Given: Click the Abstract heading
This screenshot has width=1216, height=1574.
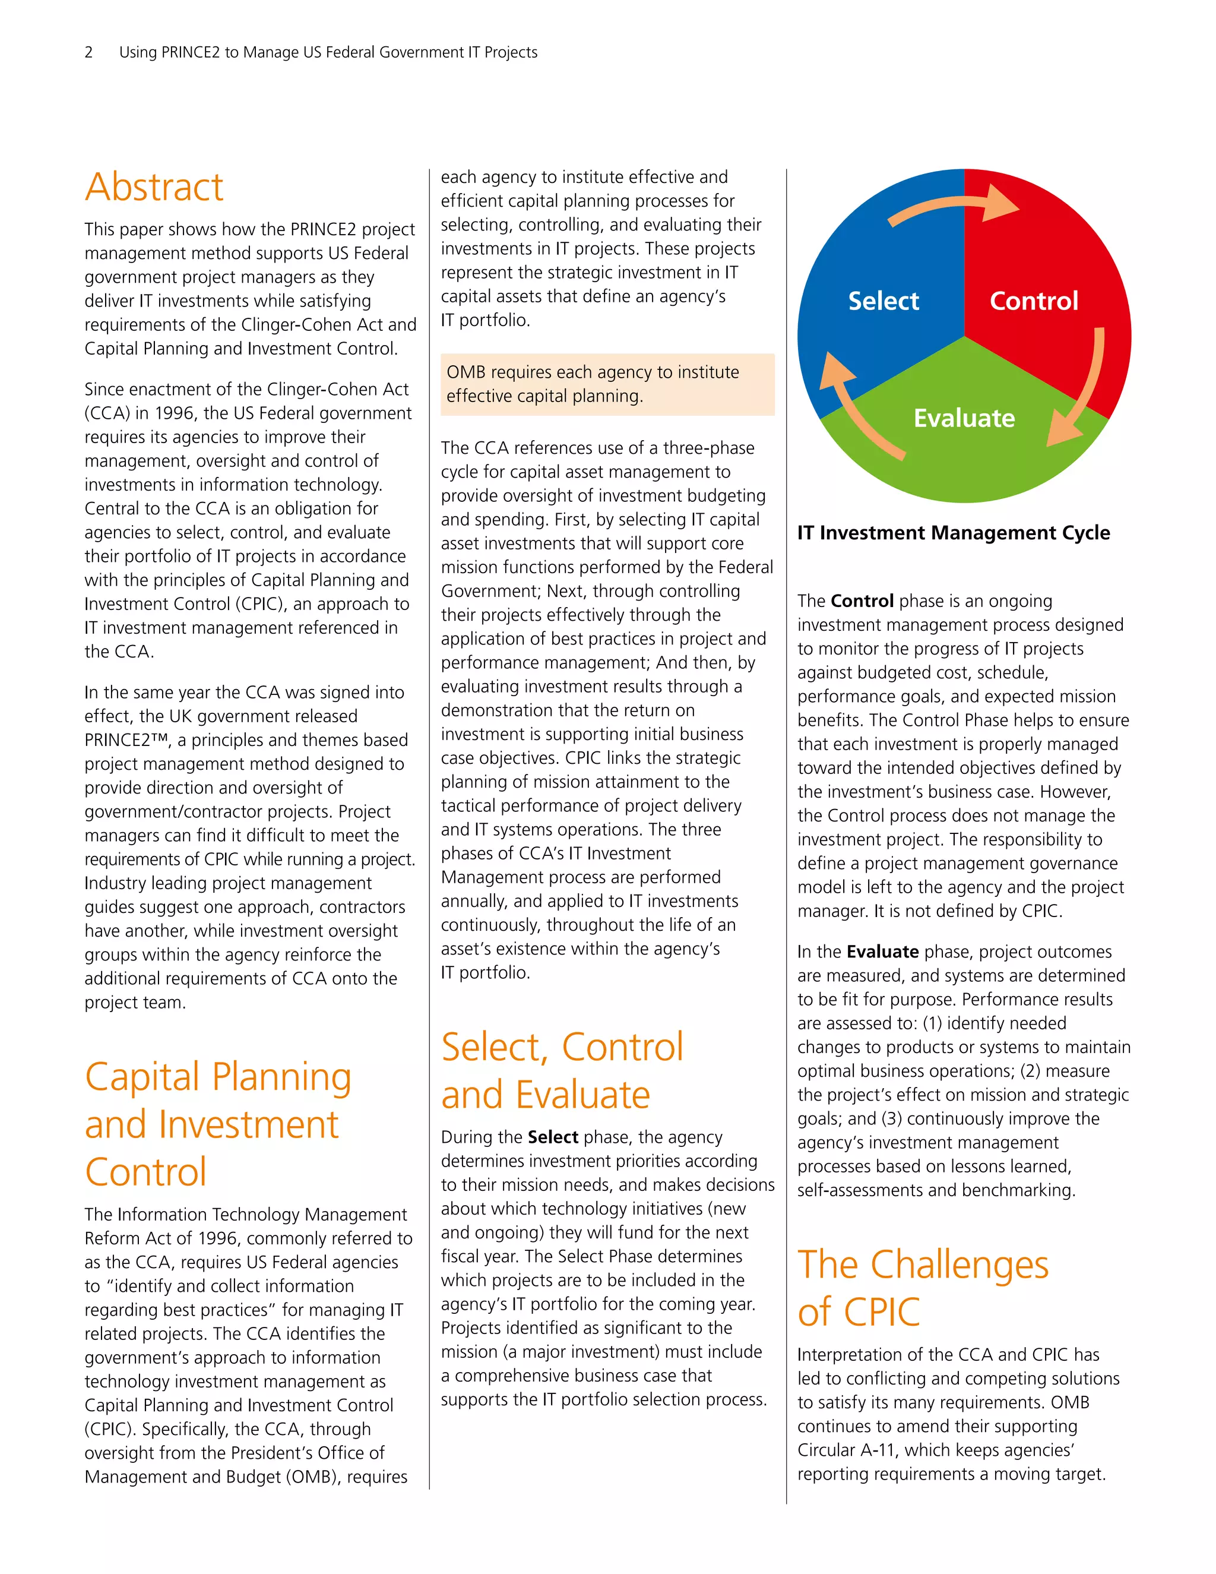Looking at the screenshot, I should (x=154, y=187).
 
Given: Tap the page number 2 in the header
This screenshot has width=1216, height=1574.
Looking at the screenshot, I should (x=88, y=52).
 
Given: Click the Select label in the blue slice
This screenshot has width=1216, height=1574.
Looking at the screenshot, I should (x=883, y=301).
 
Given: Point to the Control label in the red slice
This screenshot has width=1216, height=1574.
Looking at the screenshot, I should (x=1033, y=301).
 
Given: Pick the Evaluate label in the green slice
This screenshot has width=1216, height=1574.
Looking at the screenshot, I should (x=964, y=418).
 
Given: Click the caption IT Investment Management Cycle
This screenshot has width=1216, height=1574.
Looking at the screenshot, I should (x=953, y=533).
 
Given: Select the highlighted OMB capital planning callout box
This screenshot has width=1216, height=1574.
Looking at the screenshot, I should (x=607, y=384).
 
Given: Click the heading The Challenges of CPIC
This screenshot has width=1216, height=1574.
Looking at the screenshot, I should (x=922, y=1288).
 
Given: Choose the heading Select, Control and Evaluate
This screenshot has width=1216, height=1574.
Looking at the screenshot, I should (x=562, y=1071).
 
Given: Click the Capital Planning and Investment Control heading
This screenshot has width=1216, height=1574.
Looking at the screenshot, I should (x=217, y=1124).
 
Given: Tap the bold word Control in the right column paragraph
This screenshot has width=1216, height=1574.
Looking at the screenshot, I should (x=862, y=601).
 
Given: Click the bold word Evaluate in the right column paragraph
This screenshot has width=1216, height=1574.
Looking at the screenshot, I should (x=882, y=952).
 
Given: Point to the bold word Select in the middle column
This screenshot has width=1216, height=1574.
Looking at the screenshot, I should (x=553, y=1137).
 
